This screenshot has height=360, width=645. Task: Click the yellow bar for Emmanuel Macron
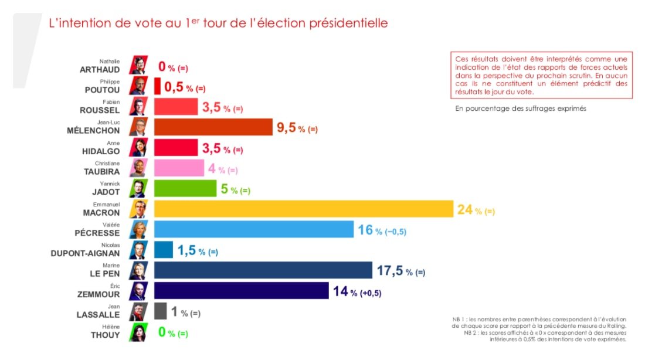[303, 209]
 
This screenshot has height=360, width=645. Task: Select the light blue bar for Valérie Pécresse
[253, 229]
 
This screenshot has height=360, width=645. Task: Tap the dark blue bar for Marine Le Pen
[263, 270]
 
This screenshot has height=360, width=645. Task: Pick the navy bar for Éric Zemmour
[241, 291]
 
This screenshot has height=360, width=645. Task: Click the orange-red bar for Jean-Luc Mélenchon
[213, 127]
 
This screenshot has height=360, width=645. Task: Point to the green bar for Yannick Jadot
[185, 188]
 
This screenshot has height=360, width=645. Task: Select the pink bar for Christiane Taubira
[179, 168]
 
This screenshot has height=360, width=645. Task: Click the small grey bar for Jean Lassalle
[160, 311]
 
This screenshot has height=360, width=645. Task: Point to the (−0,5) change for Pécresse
[395, 232]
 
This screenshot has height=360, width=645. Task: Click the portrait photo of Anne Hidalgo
[139, 147]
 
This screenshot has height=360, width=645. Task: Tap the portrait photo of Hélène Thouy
[139, 332]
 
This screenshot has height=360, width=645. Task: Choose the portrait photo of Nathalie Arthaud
[139, 65]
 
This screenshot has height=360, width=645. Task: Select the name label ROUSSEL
[100, 110]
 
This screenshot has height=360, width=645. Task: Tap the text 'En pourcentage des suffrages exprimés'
[521, 109]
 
